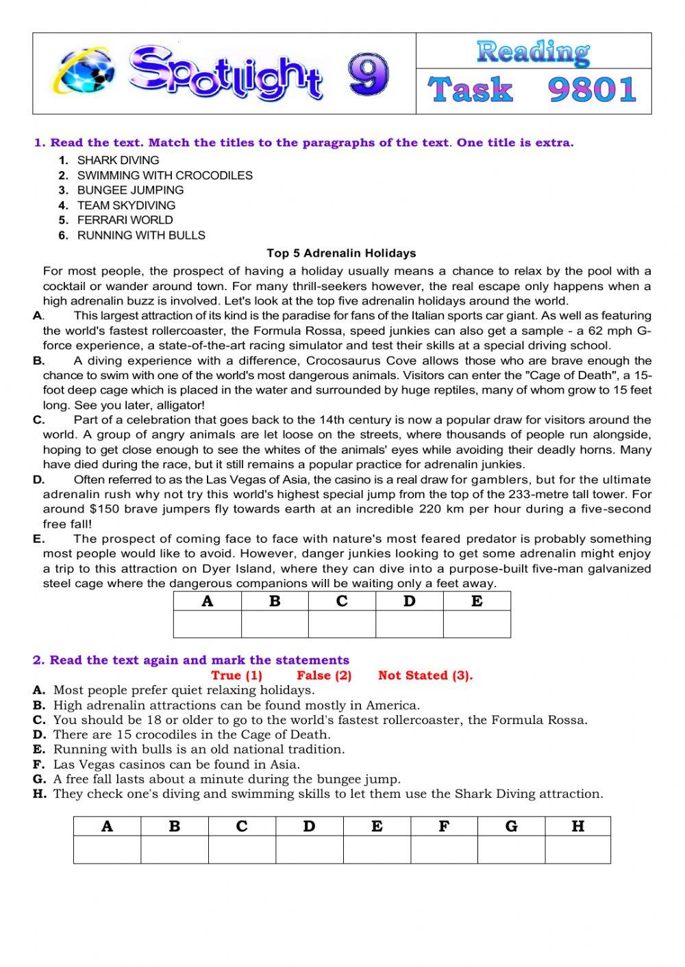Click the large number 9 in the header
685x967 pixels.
click(x=368, y=75)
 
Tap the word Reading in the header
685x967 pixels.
click(x=533, y=51)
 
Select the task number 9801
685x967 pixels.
click(x=593, y=90)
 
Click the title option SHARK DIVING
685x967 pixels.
click(x=118, y=160)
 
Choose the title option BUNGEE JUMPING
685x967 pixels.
click(x=130, y=190)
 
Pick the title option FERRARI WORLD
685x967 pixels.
click(x=125, y=220)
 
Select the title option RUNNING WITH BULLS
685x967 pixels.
click(x=141, y=235)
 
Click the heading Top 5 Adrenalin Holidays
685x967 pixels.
click(x=341, y=253)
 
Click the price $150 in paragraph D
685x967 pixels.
click(x=105, y=509)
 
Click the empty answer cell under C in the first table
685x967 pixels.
click(x=342, y=624)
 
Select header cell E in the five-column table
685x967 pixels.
click(x=477, y=601)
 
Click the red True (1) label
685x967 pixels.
click(x=236, y=675)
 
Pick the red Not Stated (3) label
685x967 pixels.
click(x=425, y=675)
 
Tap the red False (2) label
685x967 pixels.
click(x=324, y=675)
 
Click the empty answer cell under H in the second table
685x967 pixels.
click(x=577, y=850)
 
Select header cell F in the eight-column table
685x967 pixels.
click(x=444, y=826)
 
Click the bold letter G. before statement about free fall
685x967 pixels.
click(x=39, y=779)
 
